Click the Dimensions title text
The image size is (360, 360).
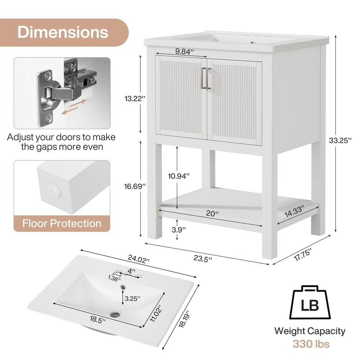pos(63,32)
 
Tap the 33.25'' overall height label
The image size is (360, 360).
pos(341,140)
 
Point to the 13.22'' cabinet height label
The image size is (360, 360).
pos(133,99)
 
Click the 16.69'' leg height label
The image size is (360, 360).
pos(133,185)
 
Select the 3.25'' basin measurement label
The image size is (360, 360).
pos(132,298)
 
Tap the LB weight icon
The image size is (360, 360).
pos(310,304)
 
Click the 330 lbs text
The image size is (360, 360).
pos(310,344)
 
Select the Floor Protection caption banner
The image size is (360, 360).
pos(62,223)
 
